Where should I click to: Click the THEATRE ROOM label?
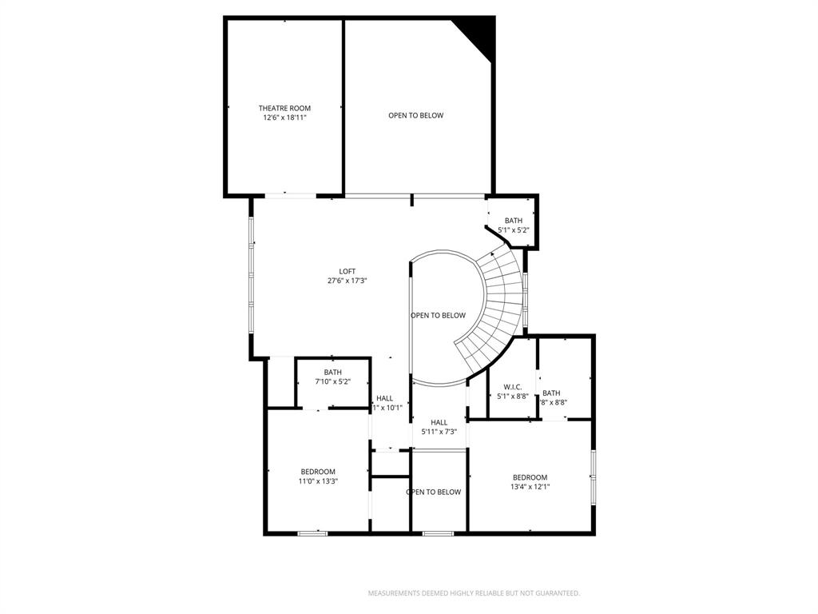pyautogui.click(x=284, y=108)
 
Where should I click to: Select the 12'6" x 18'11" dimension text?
pyautogui.click(x=284, y=118)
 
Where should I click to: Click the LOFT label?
pyautogui.click(x=347, y=271)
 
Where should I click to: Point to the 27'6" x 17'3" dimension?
pyautogui.click(x=347, y=281)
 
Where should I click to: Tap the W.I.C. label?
pyautogui.click(x=512, y=386)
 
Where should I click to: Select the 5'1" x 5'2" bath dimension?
pyautogui.click(x=514, y=230)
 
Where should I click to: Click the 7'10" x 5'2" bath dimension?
pyautogui.click(x=332, y=381)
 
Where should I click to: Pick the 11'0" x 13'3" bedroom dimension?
pyautogui.click(x=318, y=481)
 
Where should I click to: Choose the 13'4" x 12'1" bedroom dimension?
pyautogui.click(x=530, y=487)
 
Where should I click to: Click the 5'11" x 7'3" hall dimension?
pyautogui.click(x=439, y=432)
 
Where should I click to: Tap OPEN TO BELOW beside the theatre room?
pyautogui.click(x=415, y=115)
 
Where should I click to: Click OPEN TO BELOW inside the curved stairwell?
pyautogui.click(x=438, y=315)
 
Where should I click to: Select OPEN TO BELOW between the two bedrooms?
pyautogui.click(x=434, y=492)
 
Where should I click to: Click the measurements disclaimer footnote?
pyautogui.click(x=474, y=593)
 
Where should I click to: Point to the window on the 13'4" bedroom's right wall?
pyautogui.click(x=593, y=477)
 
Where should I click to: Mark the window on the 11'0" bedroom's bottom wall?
pyautogui.click(x=312, y=533)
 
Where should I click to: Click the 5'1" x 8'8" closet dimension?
pyautogui.click(x=512, y=396)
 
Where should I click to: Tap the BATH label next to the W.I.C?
pyautogui.click(x=551, y=393)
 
